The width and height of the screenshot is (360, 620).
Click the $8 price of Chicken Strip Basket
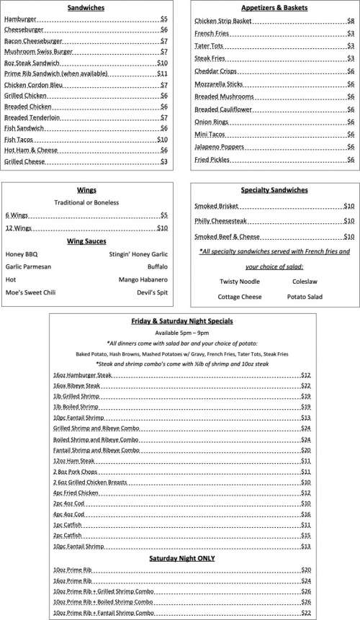click(350, 22)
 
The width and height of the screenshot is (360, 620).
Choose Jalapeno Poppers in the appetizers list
click(220, 146)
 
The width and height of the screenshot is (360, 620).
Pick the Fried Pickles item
click(213, 159)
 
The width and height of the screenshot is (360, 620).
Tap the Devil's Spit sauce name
click(152, 293)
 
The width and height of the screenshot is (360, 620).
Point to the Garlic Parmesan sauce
click(28, 266)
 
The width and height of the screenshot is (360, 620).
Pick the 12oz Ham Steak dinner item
click(76, 460)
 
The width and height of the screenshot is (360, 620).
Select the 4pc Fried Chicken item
click(76, 492)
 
